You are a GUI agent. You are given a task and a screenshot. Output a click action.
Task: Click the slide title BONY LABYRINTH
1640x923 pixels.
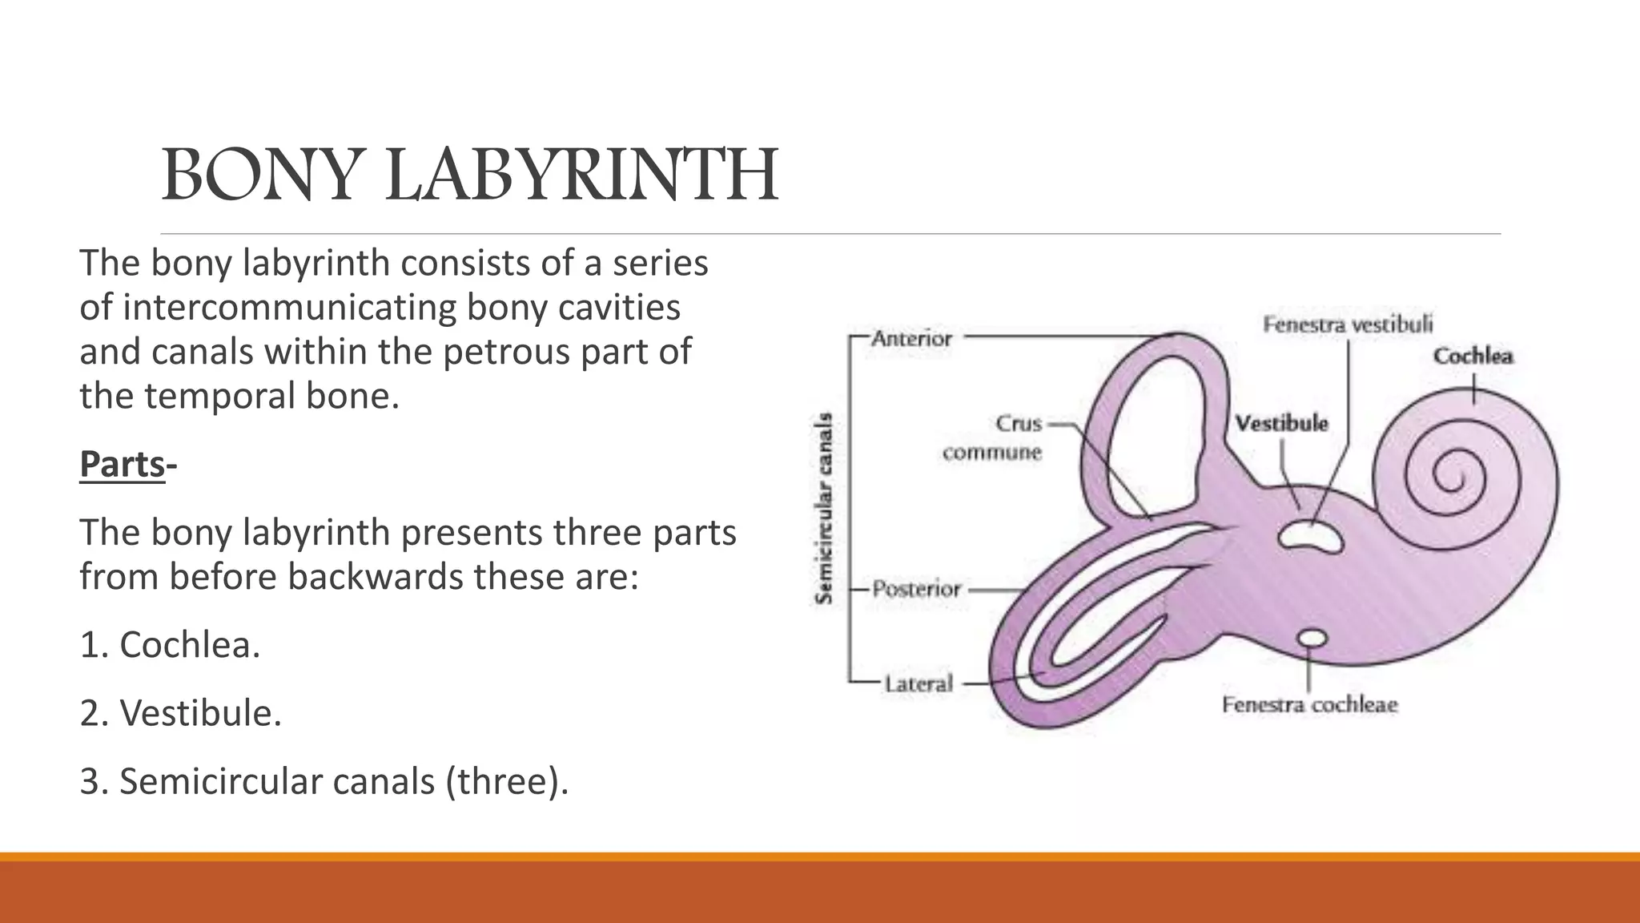(469, 175)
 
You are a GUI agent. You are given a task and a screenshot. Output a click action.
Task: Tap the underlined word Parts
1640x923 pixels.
(122, 464)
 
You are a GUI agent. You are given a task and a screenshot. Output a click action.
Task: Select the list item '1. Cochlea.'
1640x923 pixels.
(170, 645)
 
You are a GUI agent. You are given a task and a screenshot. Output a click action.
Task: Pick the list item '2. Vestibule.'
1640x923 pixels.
(180, 713)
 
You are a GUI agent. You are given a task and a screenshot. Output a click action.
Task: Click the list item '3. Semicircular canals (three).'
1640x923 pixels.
(324, 781)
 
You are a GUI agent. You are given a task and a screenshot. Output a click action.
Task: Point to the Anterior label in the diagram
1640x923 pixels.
(911, 339)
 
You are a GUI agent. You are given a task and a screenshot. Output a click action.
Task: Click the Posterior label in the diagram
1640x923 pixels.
(916, 590)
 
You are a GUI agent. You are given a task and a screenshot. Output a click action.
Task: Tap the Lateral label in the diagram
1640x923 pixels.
(918, 684)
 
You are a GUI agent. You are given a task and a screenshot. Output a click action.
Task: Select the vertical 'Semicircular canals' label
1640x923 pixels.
(823, 509)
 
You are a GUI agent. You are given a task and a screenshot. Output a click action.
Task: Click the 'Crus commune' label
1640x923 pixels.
(993, 437)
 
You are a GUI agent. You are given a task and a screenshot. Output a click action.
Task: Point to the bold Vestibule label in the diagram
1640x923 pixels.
(1281, 423)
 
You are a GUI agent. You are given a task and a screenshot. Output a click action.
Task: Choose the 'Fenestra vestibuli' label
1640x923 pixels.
(1348, 324)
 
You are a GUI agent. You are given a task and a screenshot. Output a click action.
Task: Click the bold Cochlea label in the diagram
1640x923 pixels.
(1473, 356)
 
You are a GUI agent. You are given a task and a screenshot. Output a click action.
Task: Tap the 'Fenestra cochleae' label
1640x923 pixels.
(1309, 705)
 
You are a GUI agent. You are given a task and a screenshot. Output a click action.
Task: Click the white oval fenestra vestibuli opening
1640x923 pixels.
(1310, 536)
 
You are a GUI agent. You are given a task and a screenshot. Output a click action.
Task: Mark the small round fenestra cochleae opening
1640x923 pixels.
(1312, 638)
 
